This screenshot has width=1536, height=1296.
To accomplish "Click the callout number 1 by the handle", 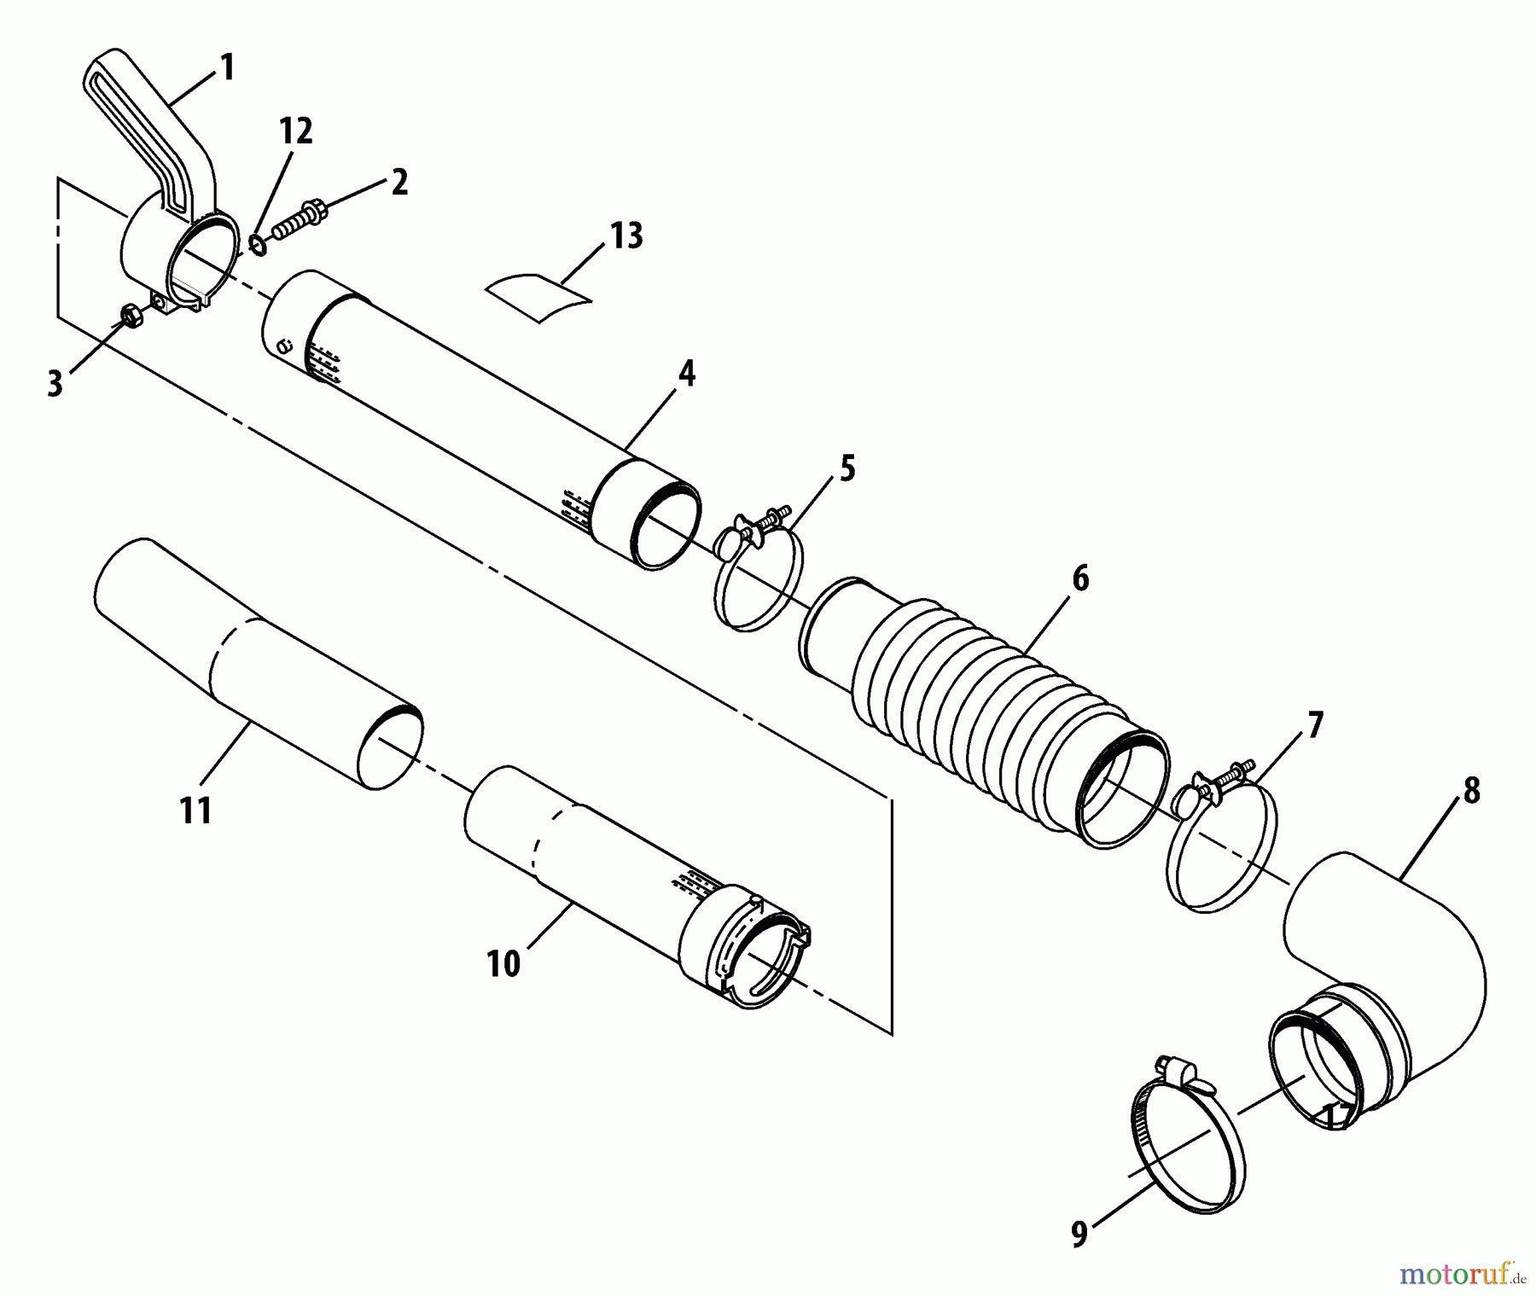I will pos(226,67).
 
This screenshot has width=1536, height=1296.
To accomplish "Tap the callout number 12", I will pos(294,131).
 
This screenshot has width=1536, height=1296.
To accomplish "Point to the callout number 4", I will pos(686,373).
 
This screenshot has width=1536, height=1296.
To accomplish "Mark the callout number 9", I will pos(1079,1235).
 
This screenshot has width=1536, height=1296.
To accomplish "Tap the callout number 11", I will pos(195,810).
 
